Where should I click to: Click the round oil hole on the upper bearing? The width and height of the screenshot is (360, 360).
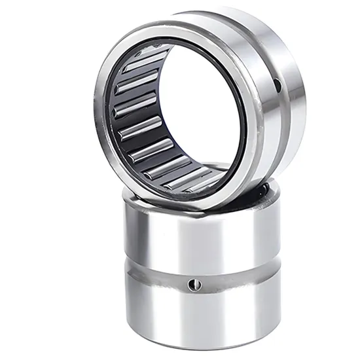coord(277,84)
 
